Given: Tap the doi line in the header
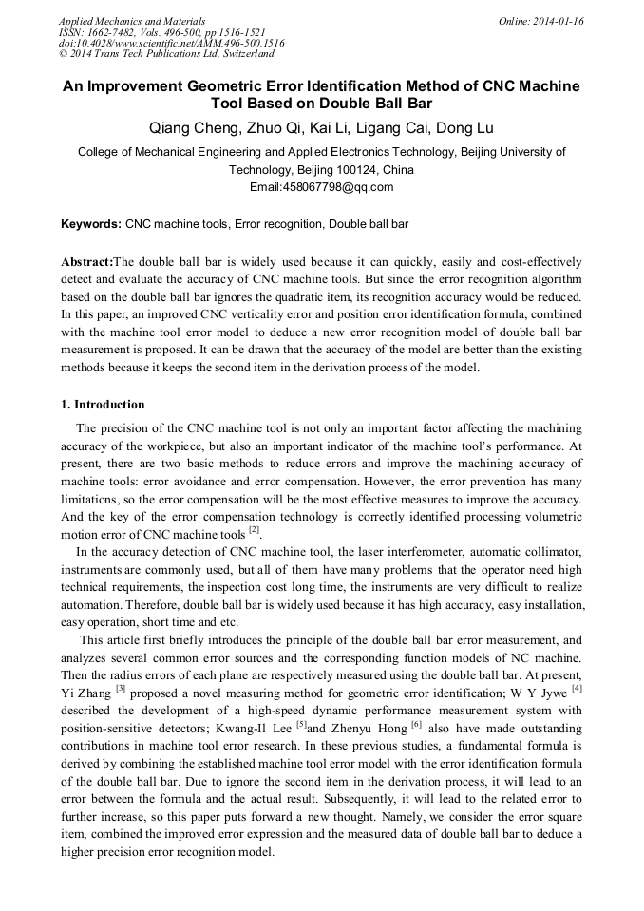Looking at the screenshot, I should (171, 43).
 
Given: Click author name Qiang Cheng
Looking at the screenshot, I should (190, 128).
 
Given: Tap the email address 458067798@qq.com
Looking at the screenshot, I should (321, 187).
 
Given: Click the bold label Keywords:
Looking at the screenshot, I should (91, 225).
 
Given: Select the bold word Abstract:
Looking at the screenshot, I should (86, 261).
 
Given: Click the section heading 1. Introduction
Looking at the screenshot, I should (103, 404).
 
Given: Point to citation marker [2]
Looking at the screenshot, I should (254, 529).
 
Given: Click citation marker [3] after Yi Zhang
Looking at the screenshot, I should (121, 687).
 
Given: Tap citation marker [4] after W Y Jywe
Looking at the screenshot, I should (577, 687).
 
